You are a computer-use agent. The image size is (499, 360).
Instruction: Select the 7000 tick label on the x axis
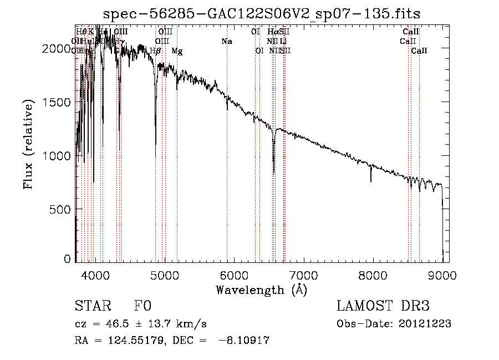[303, 274]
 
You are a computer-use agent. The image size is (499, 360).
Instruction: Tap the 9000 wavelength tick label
[442, 274]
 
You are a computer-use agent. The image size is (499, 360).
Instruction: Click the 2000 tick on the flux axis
[54, 49]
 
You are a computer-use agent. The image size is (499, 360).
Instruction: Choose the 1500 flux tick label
[54, 102]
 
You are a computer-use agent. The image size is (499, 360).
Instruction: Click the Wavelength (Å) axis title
[261, 290]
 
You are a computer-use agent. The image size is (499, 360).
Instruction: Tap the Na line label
[227, 42]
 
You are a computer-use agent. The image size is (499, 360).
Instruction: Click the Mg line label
[177, 51]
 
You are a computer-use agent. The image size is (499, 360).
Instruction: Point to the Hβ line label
[156, 51]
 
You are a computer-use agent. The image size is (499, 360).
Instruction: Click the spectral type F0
[142, 307]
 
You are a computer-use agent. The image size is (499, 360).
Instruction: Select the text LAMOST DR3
[383, 307]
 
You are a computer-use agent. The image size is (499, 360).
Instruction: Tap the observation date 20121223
[424, 324]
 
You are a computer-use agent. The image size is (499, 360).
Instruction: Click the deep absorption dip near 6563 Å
[274, 161]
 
